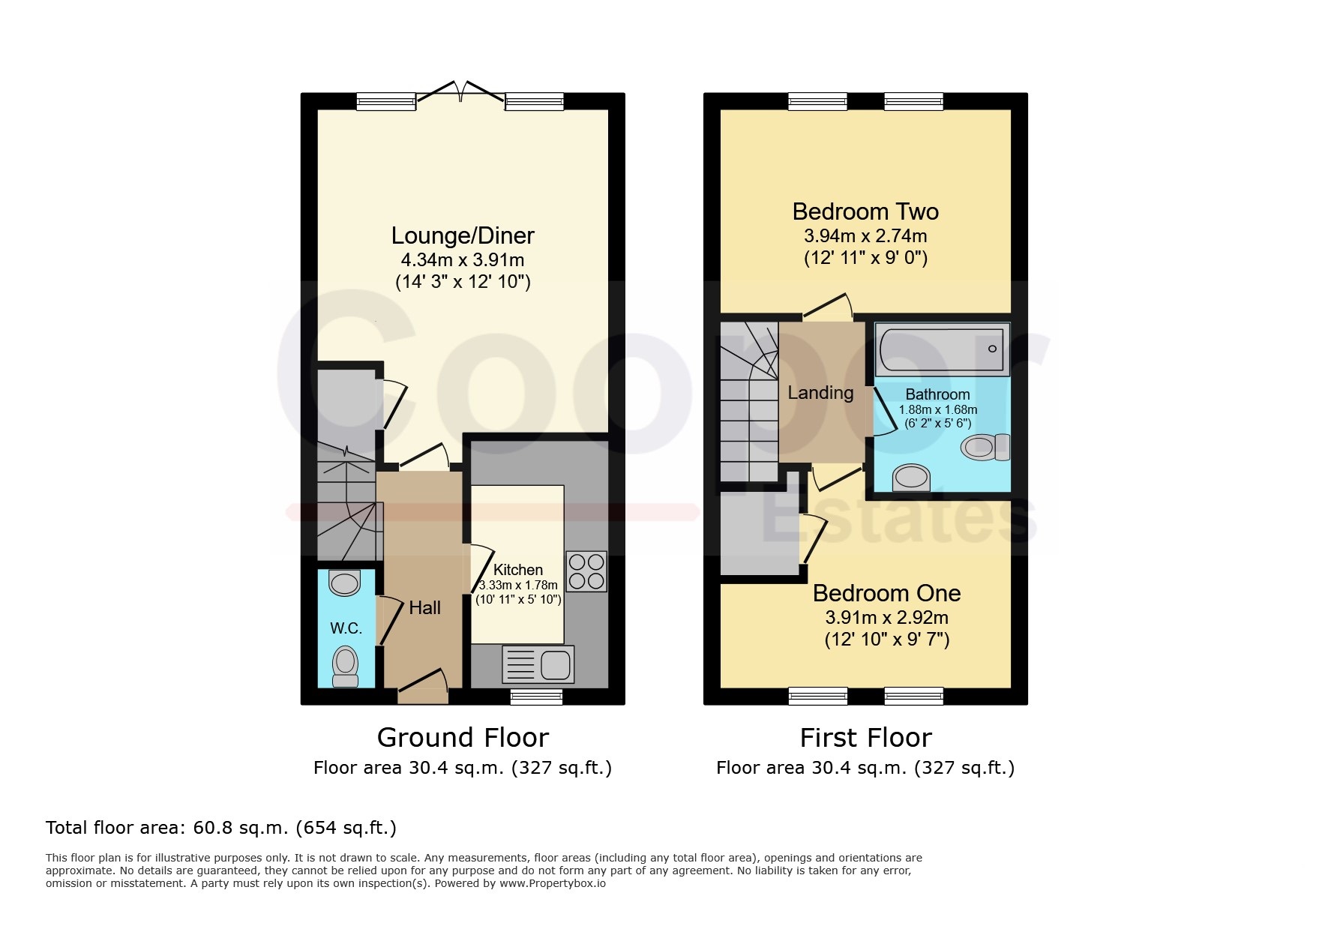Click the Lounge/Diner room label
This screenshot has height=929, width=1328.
tap(463, 235)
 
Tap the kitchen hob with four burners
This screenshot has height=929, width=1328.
tap(586, 571)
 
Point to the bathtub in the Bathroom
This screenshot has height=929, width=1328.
tap(942, 349)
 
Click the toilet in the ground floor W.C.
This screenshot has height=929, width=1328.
tap(346, 667)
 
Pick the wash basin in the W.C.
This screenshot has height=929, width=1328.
tap(345, 583)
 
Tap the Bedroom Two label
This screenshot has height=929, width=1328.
tap(865, 211)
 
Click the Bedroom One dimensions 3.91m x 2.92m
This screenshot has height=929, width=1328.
tap(886, 618)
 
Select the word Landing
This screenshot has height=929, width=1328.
tap(820, 393)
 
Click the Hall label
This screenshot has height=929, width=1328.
tap(424, 608)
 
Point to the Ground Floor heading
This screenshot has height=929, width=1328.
tap(463, 738)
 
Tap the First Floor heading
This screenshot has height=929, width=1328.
tap(865, 738)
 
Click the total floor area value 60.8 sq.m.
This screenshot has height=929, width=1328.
tap(241, 828)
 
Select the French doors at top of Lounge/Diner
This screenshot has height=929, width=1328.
tap(460, 93)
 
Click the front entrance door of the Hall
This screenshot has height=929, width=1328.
tap(423, 688)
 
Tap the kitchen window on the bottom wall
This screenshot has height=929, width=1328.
tap(536, 697)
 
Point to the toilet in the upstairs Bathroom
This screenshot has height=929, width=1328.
tap(985, 448)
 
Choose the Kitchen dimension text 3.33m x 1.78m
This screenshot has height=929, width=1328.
tap(518, 586)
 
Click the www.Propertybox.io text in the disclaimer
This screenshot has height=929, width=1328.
tap(553, 883)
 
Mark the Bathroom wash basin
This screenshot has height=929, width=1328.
tap(911, 477)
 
